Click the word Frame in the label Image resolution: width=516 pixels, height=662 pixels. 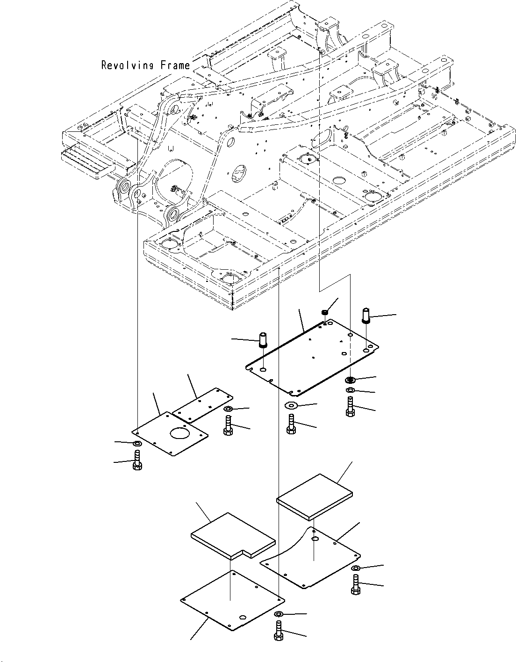(175, 65)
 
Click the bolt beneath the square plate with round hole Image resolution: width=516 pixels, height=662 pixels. (137, 460)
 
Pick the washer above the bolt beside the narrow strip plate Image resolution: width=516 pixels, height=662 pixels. (229, 410)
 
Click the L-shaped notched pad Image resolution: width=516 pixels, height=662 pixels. (232, 535)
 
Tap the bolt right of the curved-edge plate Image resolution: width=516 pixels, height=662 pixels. (355, 584)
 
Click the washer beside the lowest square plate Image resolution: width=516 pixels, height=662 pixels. (279, 614)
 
